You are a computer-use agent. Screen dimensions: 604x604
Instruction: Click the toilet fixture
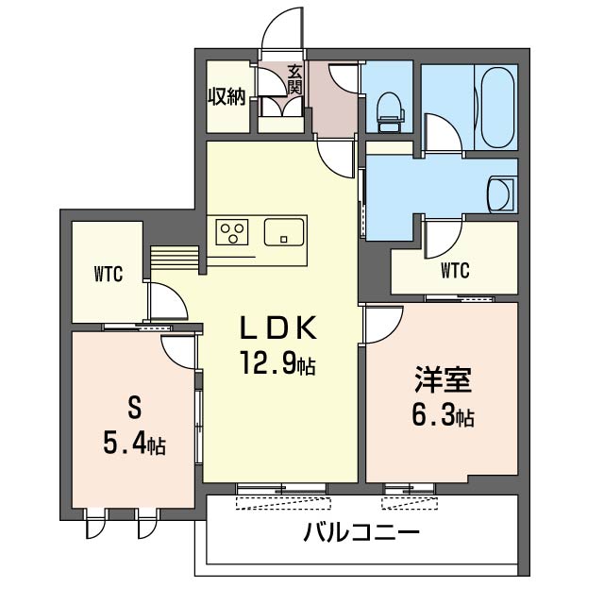pos(391,111)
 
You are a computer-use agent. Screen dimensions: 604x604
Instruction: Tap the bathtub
pos(497,108)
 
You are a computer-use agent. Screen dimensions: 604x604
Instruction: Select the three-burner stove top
pos(232,232)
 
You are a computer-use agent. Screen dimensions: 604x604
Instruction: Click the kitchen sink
pos(284,232)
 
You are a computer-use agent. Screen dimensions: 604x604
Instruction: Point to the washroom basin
pos(501,194)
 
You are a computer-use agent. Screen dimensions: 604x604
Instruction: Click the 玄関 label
pos(294,80)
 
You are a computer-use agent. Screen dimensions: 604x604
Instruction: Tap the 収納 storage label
pos(226,96)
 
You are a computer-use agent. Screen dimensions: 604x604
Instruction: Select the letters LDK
pos(278,327)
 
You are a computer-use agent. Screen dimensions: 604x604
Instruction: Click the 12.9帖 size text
pos(278,363)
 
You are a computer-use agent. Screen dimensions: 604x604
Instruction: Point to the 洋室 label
pos(443,379)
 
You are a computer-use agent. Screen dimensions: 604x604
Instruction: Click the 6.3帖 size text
pos(443,415)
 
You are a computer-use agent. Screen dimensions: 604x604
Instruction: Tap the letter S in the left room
pos(134,409)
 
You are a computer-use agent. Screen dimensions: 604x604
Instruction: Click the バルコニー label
pos(361,532)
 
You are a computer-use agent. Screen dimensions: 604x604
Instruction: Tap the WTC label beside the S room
pos(109,274)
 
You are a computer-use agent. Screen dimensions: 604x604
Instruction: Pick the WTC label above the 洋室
pos(455,271)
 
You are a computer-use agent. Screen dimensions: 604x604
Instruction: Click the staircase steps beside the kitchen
pos(175,258)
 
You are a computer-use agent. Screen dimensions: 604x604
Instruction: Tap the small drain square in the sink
pos(284,239)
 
